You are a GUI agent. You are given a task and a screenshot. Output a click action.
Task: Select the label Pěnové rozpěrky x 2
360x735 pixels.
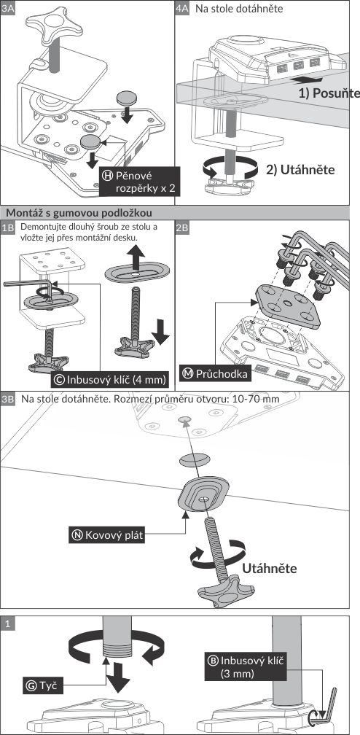pos(140,182)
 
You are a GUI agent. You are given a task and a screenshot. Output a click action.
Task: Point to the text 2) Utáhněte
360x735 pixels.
pos(300,169)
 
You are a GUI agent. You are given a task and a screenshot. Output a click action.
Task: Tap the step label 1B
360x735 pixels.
pos(8,227)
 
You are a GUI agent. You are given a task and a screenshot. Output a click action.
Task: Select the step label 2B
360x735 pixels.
pos(182,227)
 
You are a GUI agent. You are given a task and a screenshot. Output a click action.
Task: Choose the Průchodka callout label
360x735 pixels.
pos(216,374)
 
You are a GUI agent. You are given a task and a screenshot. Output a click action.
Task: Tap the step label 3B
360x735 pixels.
pos(8,399)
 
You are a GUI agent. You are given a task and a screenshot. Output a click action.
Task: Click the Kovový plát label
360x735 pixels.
pos(107,534)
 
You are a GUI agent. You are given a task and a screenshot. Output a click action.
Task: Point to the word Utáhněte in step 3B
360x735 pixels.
pos(270,569)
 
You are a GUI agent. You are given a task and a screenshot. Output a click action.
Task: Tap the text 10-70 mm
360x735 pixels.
pos(259,399)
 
